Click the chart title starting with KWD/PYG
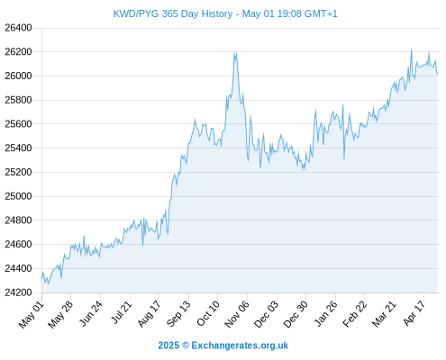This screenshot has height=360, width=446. point(225,13)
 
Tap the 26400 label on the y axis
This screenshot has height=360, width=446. point(18,28)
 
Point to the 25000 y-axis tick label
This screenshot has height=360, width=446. point(18,196)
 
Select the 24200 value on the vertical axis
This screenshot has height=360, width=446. point(18,292)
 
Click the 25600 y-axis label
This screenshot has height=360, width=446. point(18,124)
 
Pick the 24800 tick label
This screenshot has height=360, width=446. point(18,220)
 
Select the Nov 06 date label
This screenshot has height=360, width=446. point(237,314)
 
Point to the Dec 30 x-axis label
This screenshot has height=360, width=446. point(296,314)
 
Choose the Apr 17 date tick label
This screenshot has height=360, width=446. point(414,314)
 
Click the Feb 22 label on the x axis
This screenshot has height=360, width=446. point(355,314)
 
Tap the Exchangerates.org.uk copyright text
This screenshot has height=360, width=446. point(223,346)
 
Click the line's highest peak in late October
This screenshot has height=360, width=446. point(234,52)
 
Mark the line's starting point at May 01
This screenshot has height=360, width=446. point(41,278)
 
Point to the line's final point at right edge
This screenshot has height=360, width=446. point(438,74)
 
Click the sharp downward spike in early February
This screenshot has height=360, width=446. point(344,158)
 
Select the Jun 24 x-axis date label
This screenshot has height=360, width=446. point(91,314)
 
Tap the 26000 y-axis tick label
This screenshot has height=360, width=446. point(18,76)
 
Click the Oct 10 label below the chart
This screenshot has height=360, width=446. point(208,314)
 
